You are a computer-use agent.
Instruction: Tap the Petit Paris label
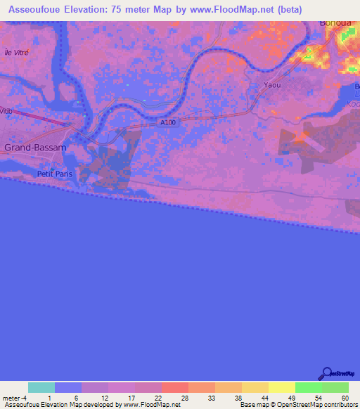point(56,174)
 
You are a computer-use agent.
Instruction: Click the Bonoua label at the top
point(335,23)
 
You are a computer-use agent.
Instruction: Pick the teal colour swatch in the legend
point(41,387)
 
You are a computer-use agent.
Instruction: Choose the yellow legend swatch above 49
point(281,387)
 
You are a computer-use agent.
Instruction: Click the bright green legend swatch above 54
point(308,387)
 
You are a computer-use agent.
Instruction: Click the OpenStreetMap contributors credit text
point(318,405)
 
